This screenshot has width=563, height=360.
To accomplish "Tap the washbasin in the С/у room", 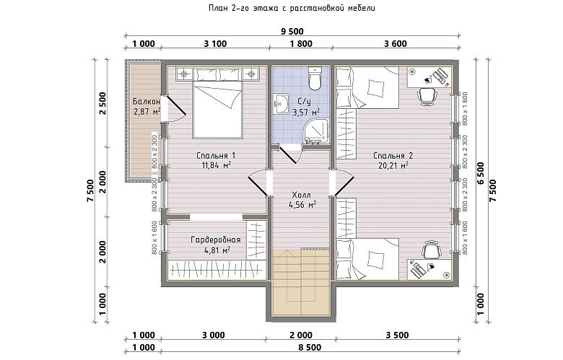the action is pos(281,104).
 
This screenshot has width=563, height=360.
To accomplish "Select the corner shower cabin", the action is pos(316,131).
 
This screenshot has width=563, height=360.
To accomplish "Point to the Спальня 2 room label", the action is pos(393,155).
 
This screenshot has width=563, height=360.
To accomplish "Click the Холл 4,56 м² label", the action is pos(302,200).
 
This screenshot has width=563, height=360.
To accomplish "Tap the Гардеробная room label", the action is pos(216,240).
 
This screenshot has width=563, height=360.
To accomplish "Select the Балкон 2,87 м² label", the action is pos(147,107).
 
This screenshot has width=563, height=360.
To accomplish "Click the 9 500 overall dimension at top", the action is pos(292,32).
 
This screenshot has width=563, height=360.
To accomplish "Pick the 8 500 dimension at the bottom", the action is pos(310,348).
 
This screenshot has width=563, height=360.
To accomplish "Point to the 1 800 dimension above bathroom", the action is pos(301,44).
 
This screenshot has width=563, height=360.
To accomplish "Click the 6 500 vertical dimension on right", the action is pos(481,173).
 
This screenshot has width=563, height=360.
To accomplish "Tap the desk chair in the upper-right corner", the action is pos(427,96).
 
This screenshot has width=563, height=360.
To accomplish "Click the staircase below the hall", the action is pos(301,282).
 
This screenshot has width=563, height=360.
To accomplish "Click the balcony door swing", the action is pos(174,108).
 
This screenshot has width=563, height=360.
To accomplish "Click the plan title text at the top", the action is pos(292,8).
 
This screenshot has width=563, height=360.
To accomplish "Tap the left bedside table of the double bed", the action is pos(184,74).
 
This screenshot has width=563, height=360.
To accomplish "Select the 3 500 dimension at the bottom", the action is pos(397,335).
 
